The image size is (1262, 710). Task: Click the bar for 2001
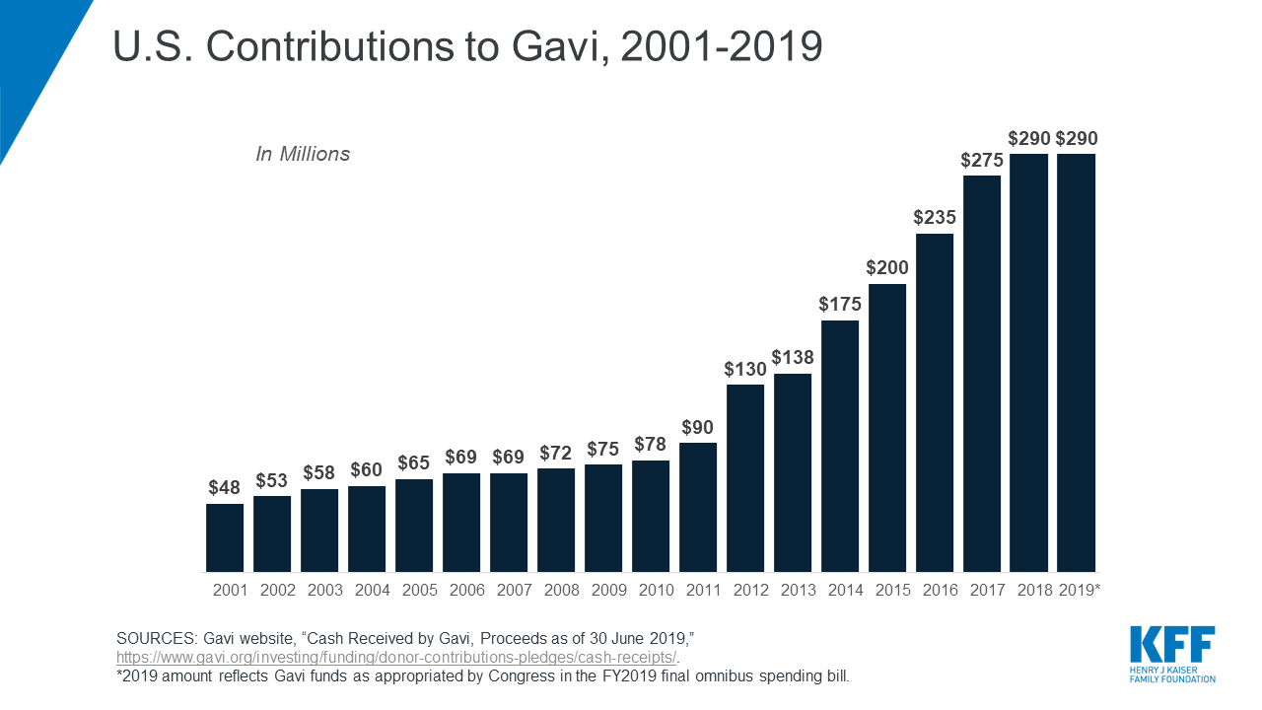tap(225, 537)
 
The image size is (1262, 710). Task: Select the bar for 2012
tap(745, 478)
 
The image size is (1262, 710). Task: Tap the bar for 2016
tap(935, 402)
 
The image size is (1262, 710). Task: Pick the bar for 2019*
tap(1077, 363)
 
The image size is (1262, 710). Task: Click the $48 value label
tap(225, 487)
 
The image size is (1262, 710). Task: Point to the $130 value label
tap(745, 369)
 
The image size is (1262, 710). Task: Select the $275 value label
tap(982, 160)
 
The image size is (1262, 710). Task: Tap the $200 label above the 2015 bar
tap(887, 268)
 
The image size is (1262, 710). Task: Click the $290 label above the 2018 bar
tap(1029, 138)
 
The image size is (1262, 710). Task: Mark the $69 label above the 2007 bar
tap(509, 457)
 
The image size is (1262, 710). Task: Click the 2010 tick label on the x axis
tap(651, 591)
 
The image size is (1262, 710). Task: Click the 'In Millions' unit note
tap(303, 154)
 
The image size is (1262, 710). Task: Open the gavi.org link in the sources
tap(397, 657)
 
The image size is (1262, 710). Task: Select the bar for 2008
tap(556, 520)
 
